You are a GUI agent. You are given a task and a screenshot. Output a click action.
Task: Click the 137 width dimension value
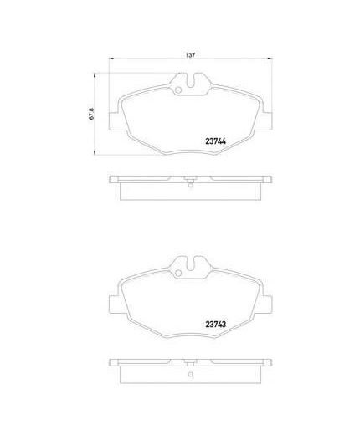190,55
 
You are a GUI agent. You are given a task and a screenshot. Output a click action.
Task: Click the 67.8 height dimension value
91,114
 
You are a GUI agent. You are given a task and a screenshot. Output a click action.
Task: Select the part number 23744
215,141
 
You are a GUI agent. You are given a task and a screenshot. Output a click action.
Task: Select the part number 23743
215,325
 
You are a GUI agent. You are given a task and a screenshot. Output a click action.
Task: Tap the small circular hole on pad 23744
177,90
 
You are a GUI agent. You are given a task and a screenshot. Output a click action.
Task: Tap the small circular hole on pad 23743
177,274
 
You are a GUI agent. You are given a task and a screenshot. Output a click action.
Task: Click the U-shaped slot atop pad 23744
190,80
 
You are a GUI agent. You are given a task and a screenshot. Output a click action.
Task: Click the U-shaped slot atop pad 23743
190,264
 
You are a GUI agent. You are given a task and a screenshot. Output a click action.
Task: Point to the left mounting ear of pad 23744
114,121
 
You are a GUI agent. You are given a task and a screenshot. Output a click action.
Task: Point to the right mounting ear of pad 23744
266,121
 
